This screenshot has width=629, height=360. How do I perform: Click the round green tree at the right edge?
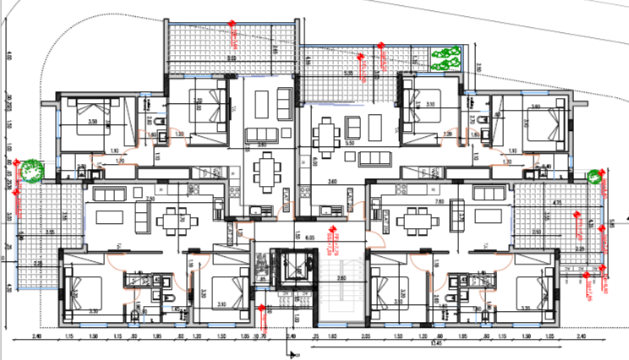[x=595, y=177]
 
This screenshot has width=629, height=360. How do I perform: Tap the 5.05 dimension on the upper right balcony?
[x=347, y=74]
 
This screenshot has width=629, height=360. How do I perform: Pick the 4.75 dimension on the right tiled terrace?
[x=557, y=204]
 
